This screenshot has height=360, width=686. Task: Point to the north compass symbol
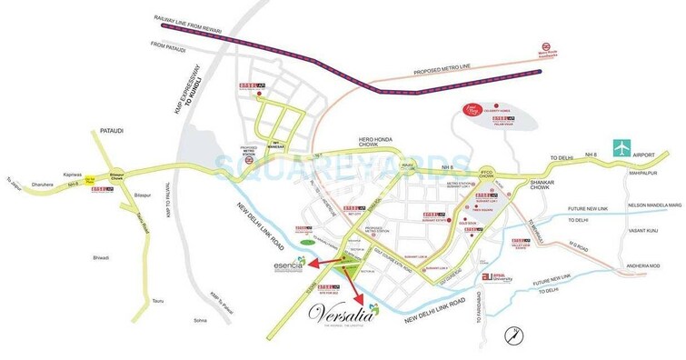tap(515, 333)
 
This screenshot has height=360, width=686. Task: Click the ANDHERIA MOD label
tap(641, 265)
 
